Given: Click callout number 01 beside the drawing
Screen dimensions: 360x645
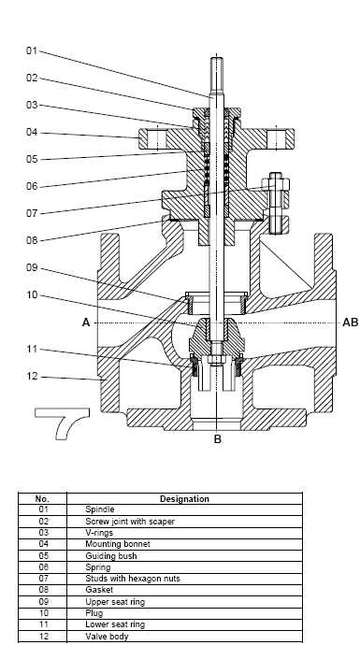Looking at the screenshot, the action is coord(32,50).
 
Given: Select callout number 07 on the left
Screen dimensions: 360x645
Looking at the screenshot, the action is coord(32,213).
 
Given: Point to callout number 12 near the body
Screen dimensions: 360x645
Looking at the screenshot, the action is coord(32,377).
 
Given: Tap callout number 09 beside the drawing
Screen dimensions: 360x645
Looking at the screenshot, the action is coord(32,267).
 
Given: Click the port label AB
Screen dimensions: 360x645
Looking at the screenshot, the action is coord(350,322).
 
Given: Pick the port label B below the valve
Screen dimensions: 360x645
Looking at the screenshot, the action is coord(218,439).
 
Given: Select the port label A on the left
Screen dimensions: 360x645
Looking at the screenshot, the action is coord(86,322).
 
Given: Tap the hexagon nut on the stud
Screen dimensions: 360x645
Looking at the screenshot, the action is coord(275,184).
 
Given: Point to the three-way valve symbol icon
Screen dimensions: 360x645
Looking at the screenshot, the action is coord(62,420).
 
